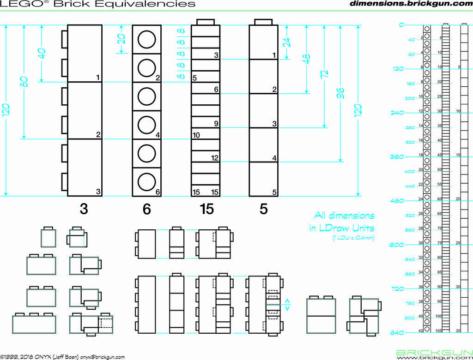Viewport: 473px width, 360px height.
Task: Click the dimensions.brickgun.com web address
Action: (x=411, y=4)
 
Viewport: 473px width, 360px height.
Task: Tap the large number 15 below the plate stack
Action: (x=206, y=210)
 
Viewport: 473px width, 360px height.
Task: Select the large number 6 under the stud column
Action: (x=146, y=210)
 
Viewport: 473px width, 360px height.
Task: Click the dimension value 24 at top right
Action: (x=287, y=42)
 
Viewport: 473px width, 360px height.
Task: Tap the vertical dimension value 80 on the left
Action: (x=24, y=82)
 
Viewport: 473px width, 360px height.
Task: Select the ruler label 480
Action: (x=397, y=201)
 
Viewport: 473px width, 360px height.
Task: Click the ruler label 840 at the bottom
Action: (x=397, y=333)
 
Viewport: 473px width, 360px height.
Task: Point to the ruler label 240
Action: (x=397, y=113)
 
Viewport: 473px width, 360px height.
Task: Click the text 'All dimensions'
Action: (x=344, y=216)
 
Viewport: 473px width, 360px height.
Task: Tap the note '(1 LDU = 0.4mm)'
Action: (x=353, y=238)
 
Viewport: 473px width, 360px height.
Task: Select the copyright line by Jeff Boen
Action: (x=62, y=357)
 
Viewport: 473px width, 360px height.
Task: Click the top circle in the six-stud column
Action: (x=146, y=39)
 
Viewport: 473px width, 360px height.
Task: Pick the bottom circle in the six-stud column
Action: (x=146, y=182)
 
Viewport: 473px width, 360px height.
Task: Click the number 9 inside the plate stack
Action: (x=215, y=124)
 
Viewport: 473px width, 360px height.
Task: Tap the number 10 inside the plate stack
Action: (x=196, y=135)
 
